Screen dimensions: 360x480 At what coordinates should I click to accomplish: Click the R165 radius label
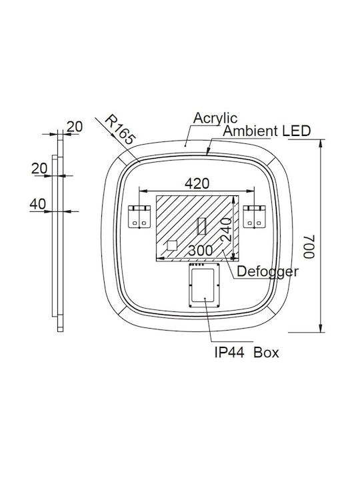pyautogui.click(x=120, y=130)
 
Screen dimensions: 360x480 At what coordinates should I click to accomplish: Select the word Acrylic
pyautogui.click(x=215, y=119)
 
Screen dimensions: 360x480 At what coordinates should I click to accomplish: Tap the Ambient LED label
pyautogui.click(x=267, y=131)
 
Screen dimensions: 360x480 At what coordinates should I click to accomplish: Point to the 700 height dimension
pyautogui.click(x=309, y=247)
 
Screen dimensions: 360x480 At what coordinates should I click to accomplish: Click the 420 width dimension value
pyautogui.click(x=197, y=183)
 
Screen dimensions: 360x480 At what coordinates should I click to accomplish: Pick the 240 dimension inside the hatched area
pyautogui.click(x=227, y=229)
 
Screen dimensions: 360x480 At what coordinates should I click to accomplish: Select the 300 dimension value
pyautogui.click(x=200, y=251)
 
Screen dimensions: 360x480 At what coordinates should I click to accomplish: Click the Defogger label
pyautogui.click(x=267, y=271)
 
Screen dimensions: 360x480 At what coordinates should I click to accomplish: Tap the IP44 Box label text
pyautogui.click(x=247, y=353)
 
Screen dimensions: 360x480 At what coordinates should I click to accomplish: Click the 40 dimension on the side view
pyautogui.click(x=37, y=204)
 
